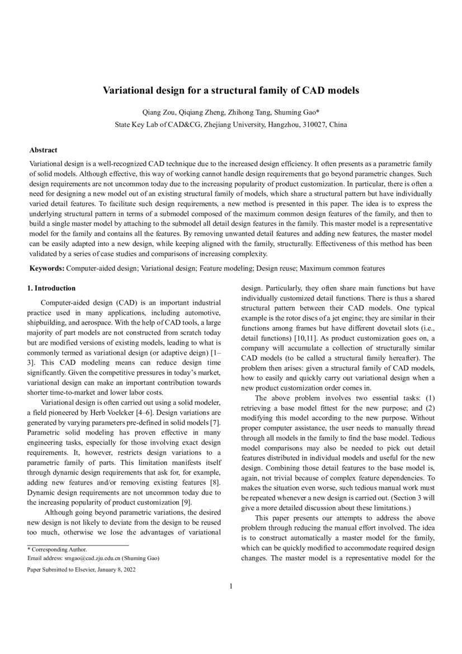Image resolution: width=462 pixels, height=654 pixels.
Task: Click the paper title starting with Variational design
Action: click(230, 90)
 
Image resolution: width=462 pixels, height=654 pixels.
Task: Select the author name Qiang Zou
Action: click(161, 112)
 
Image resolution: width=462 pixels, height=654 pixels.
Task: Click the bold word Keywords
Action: click(47, 269)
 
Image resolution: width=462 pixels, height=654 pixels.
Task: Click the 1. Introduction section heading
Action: click(51, 288)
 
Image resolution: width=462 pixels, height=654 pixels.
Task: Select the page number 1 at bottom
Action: click(230, 586)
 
